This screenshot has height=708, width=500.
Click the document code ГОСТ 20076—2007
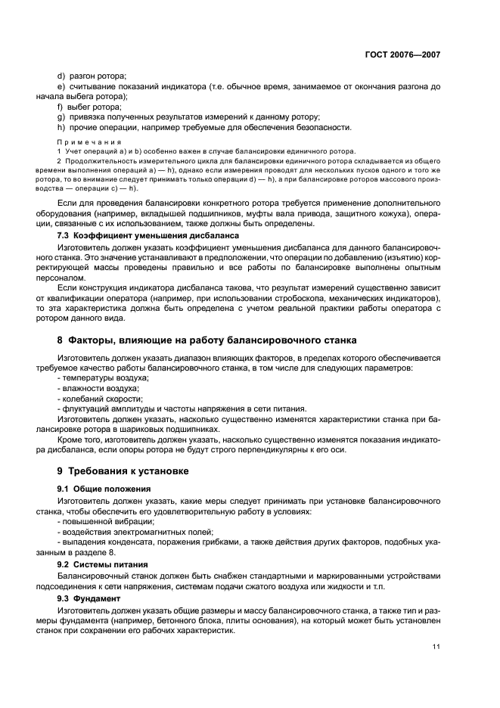[402, 55]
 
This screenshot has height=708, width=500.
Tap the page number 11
[436, 646]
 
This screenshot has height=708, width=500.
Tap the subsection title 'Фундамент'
[99, 598]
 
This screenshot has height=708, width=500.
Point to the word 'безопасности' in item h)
[320, 127]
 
